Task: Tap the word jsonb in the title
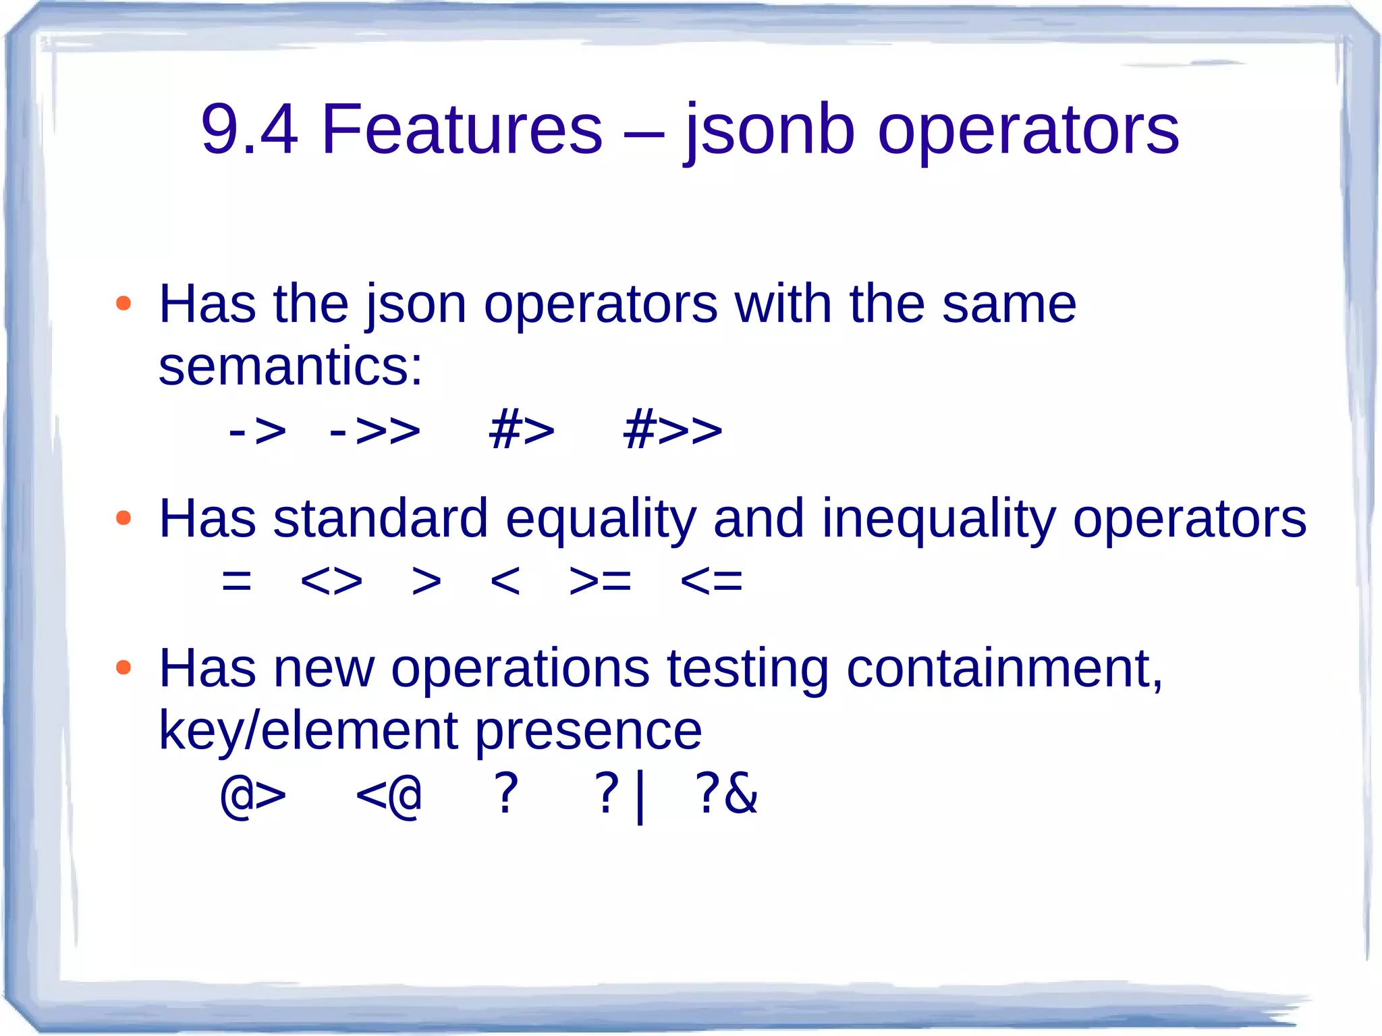[x=769, y=130]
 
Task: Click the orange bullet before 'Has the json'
[x=123, y=303]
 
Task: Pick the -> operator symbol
[x=257, y=430]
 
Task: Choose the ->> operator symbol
[x=375, y=430]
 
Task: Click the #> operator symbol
[x=522, y=430]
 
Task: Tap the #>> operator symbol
[x=672, y=430]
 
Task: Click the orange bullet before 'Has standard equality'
[x=123, y=518]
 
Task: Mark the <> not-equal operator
[x=331, y=580]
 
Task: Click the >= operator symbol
[x=600, y=580]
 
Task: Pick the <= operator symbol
[x=711, y=580]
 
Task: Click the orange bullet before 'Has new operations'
[x=123, y=667]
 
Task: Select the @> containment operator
[x=253, y=794]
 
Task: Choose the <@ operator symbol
[x=389, y=794]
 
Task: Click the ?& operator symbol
[x=726, y=794]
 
